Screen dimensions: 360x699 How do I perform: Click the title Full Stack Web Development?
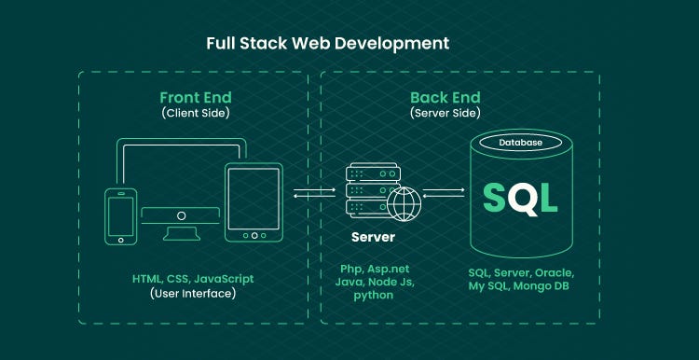click(x=328, y=43)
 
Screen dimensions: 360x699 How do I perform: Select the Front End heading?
click(x=195, y=97)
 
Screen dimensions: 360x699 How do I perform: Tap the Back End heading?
click(x=445, y=97)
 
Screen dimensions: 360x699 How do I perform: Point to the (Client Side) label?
click(x=195, y=114)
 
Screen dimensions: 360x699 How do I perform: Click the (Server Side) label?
click(x=445, y=114)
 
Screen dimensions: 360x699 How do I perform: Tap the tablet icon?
click(x=253, y=202)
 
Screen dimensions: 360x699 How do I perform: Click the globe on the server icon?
click(x=404, y=202)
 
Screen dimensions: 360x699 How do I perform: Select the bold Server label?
click(x=373, y=237)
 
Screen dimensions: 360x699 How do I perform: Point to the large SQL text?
click(x=520, y=197)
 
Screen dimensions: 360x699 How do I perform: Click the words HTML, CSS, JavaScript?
click(x=193, y=278)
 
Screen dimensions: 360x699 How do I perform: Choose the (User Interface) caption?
click(x=193, y=293)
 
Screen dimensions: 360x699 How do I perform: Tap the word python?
click(x=373, y=295)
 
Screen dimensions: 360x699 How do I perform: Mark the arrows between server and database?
click(x=444, y=193)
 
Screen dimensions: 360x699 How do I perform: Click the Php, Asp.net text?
click(x=373, y=268)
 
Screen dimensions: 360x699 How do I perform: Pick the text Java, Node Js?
click(x=373, y=281)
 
